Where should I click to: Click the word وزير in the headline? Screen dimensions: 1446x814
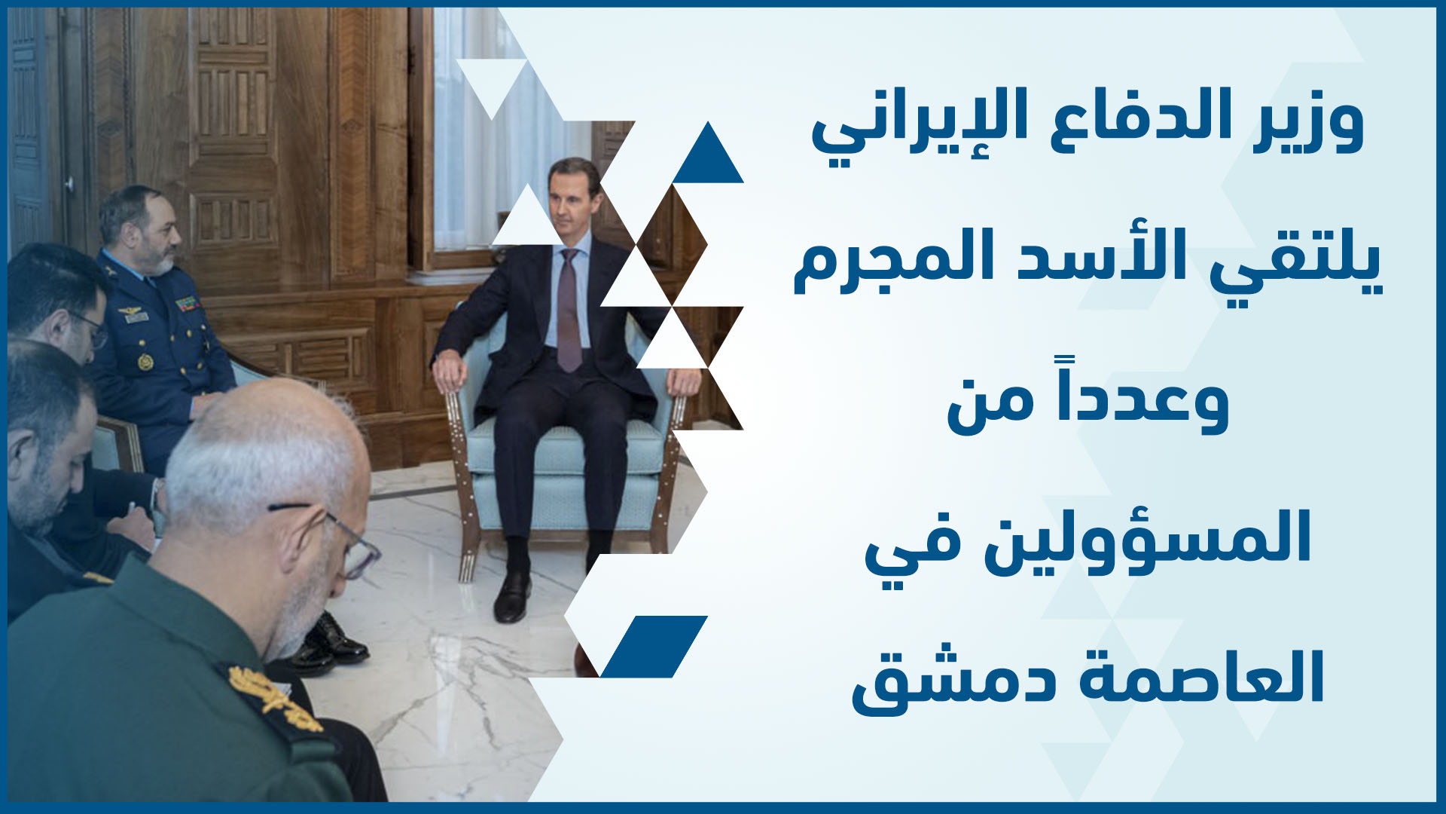(x=1309, y=121)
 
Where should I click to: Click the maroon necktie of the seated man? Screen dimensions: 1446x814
(x=569, y=309)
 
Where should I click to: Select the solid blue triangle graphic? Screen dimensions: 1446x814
(x=708, y=154)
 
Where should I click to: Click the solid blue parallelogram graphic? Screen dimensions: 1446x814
(x=654, y=647)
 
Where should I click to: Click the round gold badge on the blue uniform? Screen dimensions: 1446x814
(x=145, y=362)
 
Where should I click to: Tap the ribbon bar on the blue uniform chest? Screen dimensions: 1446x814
(x=185, y=304)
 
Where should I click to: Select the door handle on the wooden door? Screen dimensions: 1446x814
(x=69, y=183)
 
